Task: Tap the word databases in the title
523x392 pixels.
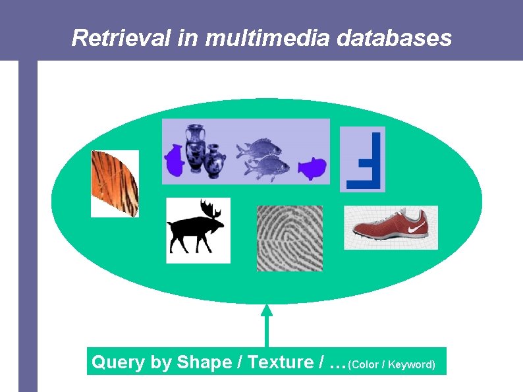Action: tap(394, 38)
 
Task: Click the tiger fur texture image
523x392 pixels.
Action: tap(115, 183)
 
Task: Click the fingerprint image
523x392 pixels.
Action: tap(289, 238)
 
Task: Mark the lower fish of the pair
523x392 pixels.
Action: tap(267, 167)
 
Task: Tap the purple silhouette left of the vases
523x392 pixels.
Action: tap(174, 160)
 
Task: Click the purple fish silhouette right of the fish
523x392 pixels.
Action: tap(312, 169)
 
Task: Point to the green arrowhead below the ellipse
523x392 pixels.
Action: tap(266, 310)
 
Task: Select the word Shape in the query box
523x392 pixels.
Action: tap(204, 362)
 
